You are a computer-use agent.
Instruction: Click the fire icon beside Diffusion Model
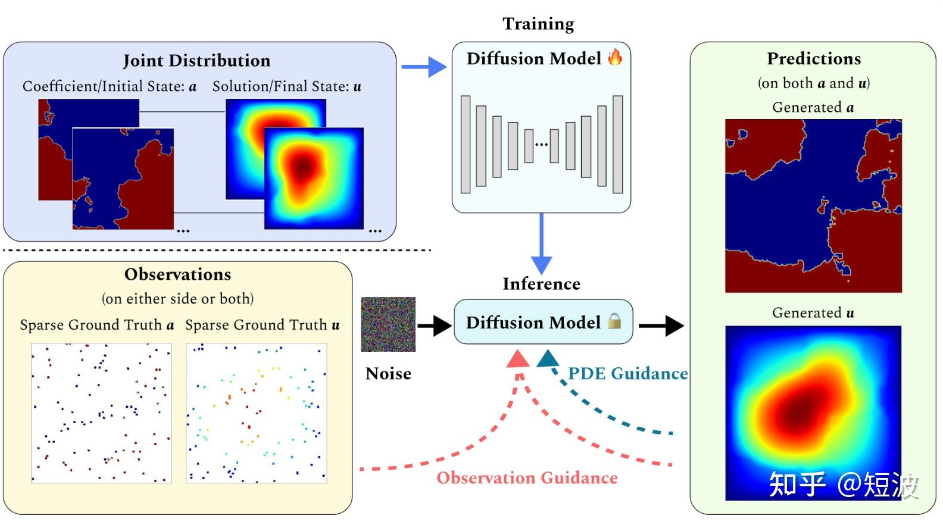615,57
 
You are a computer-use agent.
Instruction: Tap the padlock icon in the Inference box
615,321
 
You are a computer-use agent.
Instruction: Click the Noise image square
388,324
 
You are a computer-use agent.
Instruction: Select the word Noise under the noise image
388,374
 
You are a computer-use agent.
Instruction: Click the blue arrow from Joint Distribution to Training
424,67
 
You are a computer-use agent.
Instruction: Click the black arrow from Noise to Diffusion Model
435,326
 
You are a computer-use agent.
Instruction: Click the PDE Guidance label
627,374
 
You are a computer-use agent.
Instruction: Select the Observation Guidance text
527,478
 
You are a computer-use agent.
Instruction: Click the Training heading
538,24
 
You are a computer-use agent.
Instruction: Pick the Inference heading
541,284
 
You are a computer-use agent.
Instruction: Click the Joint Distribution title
196,61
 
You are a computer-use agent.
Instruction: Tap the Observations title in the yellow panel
177,274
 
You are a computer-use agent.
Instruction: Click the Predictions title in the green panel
813,58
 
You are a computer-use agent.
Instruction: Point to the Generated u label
813,313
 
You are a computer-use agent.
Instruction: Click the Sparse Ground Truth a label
97,325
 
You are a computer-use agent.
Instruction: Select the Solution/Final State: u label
287,87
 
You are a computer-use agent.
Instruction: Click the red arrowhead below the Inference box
517,359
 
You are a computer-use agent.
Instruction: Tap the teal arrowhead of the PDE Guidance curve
548,358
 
